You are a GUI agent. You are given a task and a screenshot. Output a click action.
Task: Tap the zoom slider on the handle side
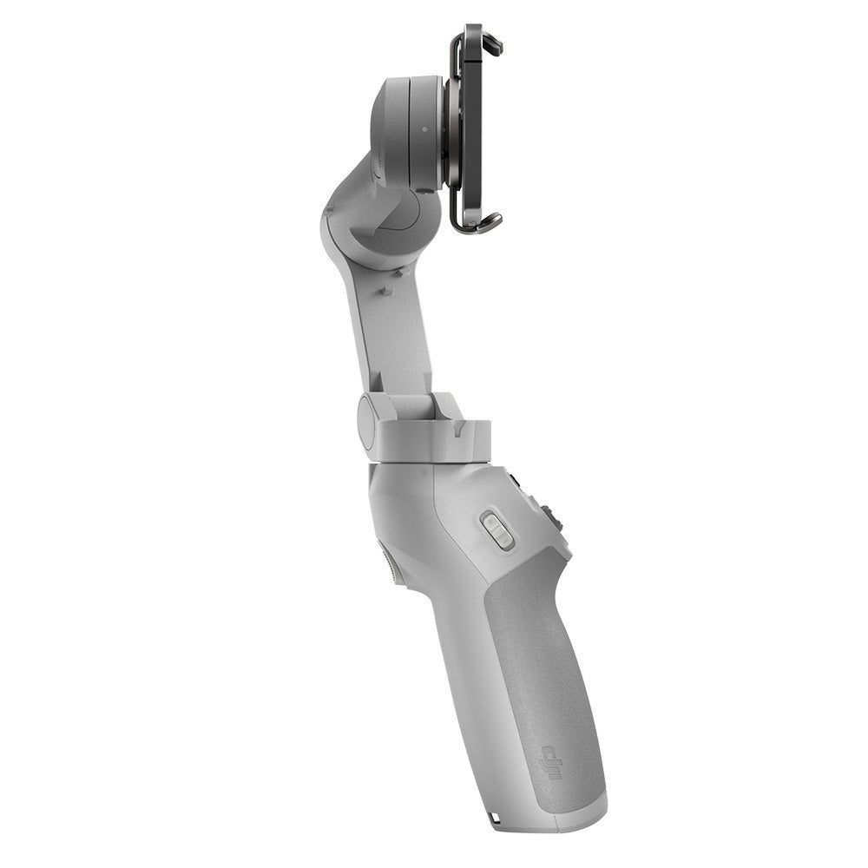click(x=496, y=529)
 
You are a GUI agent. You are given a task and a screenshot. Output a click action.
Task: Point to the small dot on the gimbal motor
click(x=424, y=130)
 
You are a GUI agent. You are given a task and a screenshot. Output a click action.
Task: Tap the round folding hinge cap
click(x=367, y=421)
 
